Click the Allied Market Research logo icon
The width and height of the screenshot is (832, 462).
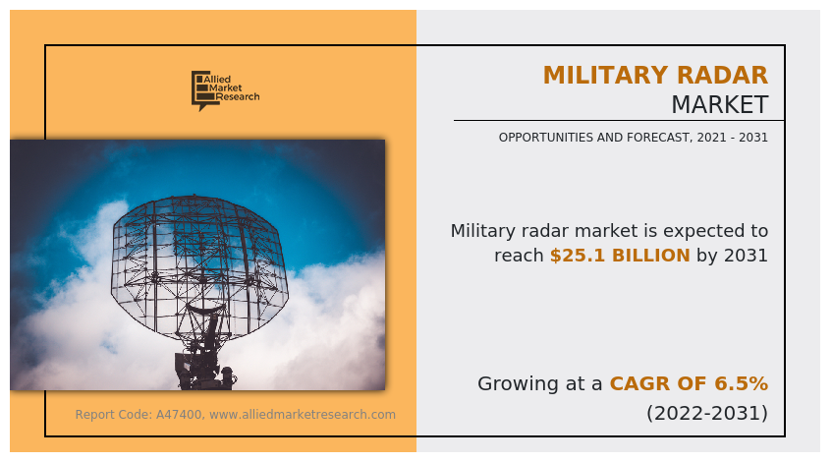(200, 90)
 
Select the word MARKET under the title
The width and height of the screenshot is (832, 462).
(719, 104)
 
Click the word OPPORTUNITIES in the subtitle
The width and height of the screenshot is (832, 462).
(546, 138)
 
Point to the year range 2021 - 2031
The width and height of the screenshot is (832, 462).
(732, 138)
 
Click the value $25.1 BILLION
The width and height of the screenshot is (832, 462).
(620, 256)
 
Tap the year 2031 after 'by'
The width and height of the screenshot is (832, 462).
(745, 256)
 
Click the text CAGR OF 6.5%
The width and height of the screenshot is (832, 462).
(689, 383)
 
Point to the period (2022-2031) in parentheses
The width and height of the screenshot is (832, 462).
(707, 413)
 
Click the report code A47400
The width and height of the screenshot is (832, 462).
(180, 415)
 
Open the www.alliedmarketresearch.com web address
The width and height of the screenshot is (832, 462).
(303, 415)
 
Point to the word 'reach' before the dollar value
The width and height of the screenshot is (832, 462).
(519, 256)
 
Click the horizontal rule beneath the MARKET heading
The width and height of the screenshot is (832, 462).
(619, 121)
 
